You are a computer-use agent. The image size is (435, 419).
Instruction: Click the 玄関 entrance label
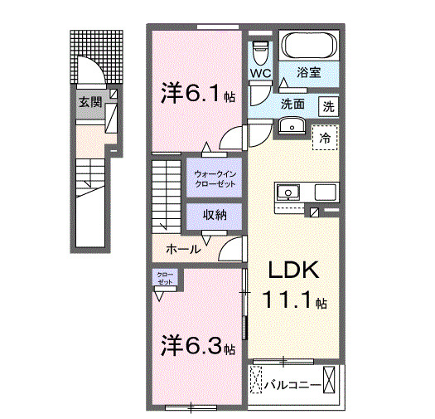(89, 103)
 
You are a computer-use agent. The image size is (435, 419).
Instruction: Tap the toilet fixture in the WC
(260, 51)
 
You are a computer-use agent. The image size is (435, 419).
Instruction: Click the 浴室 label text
(310, 72)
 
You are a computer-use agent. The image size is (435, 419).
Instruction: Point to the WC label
(260, 73)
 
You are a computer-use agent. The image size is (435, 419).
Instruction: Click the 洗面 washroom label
(292, 105)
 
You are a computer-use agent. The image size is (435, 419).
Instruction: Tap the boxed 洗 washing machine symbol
(329, 106)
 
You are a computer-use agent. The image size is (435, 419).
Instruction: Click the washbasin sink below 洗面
(291, 125)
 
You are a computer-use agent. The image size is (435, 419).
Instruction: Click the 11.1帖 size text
(293, 300)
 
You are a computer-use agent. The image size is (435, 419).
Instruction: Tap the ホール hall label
(181, 248)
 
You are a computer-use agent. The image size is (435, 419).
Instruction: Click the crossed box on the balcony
(331, 382)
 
